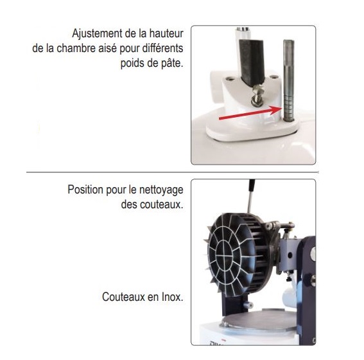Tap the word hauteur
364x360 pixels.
coord(166,33)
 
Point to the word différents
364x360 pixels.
coord(162,48)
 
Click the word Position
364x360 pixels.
coord(85,190)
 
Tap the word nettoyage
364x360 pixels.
coord(161,190)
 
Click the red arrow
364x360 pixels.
coord(250,113)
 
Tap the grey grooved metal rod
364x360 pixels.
coord(288,80)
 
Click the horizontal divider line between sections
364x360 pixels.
coord(173,172)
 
